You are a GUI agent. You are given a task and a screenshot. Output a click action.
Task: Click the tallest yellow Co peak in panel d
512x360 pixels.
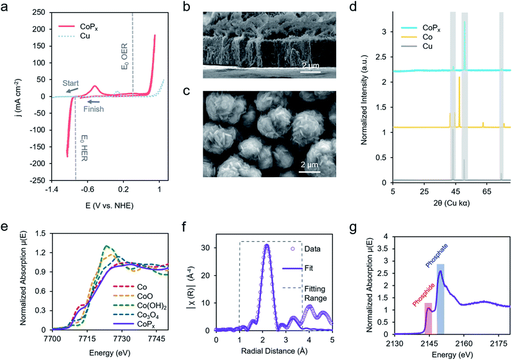coord(460,78)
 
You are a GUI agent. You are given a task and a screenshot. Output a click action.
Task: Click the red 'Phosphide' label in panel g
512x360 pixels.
coord(418,293)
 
